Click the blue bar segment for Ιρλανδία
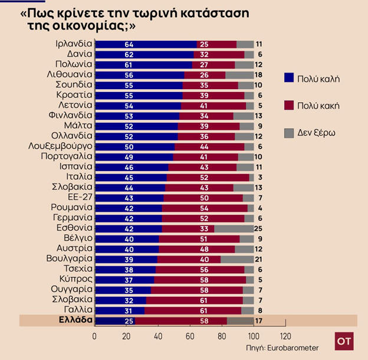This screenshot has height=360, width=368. click(x=146, y=44)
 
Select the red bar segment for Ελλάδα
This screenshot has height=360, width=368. click(x=180, y=320)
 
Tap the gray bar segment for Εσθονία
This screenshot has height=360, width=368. click(x=234, y=228)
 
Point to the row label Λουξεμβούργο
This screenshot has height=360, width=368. click(x=60, y=146)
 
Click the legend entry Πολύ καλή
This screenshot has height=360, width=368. click(x=320, y=78)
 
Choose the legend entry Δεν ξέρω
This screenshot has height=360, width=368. click(x=320, y=133)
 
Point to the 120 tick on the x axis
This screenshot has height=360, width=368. click(x=285, y=336)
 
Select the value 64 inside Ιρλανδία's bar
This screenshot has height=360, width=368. click(x=129, y=44)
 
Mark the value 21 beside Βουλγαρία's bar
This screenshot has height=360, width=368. click(x=258, y=259)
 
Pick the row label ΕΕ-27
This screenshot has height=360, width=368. click(x=80, y=197)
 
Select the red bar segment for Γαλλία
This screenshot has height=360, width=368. click(x=192, y=310)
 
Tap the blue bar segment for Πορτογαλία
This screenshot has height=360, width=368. click(x=133, y=156)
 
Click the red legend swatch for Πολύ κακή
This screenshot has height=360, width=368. click(x=288, y=106)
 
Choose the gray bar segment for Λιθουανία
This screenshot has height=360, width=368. click(x=239, y=75)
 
